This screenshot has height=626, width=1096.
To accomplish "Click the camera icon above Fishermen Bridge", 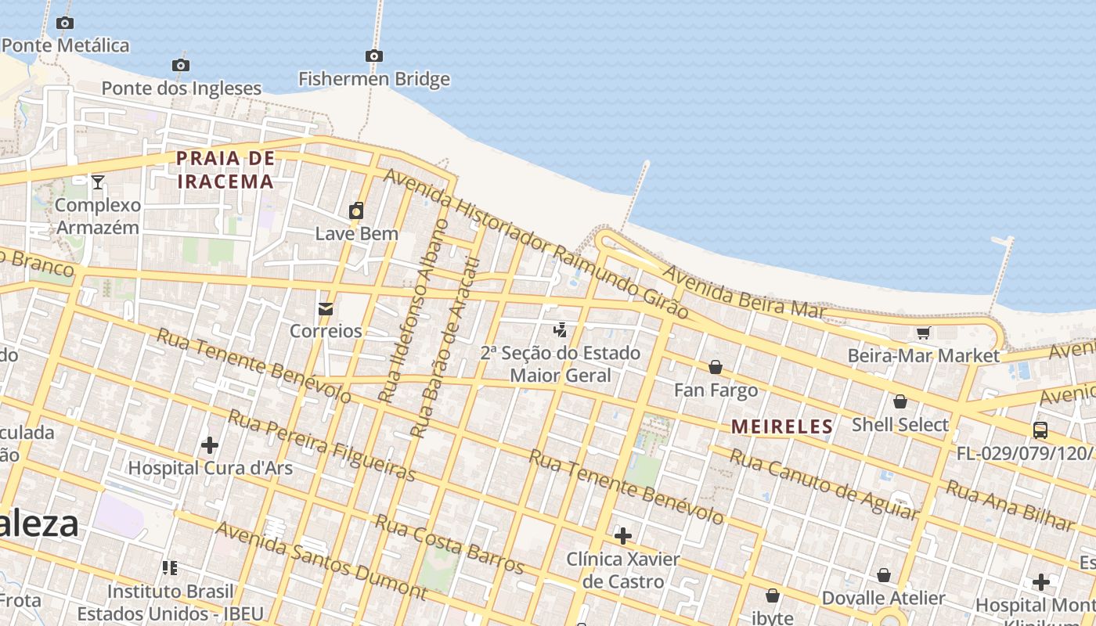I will tap(374, 56).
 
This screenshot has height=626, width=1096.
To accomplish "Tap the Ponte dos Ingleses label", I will tap(181, 88).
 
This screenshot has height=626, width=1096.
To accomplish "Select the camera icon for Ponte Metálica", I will tap(65, 23).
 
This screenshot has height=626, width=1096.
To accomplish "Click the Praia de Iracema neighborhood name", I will tap(225, 170).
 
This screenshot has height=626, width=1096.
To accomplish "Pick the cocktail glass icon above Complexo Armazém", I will tap(98, 182).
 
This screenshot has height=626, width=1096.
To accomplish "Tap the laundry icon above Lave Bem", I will tap(356, 210).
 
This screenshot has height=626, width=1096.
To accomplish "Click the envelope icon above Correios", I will tap(326, 309).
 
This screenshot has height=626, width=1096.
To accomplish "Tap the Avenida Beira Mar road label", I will tap(744, 292).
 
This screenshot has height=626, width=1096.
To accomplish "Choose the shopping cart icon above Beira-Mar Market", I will tap(923, 333).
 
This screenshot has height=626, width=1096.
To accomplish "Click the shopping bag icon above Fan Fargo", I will tap(716, 367).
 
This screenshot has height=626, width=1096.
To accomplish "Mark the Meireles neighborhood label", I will tap(782, 426).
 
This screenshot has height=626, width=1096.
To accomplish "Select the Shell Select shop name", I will tap(900, 425).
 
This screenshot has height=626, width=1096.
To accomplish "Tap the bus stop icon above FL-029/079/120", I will tap(1040, 430).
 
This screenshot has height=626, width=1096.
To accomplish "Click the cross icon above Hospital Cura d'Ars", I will tap(210, 445).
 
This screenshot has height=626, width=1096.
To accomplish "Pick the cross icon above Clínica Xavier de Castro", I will tap(623, 536).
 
